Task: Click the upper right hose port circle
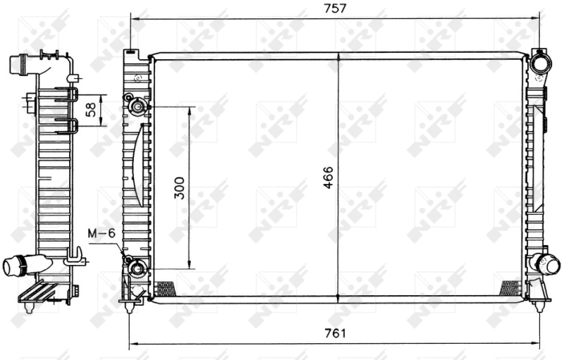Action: pos(541,63)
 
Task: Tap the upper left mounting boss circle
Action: pos(138,107)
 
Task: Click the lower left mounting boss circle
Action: pos(139,268)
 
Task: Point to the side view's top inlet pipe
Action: pos(20,64)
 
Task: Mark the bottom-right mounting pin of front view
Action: pos(540,305)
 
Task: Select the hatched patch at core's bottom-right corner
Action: pos(510,287)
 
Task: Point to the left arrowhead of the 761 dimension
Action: pos(133,345)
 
